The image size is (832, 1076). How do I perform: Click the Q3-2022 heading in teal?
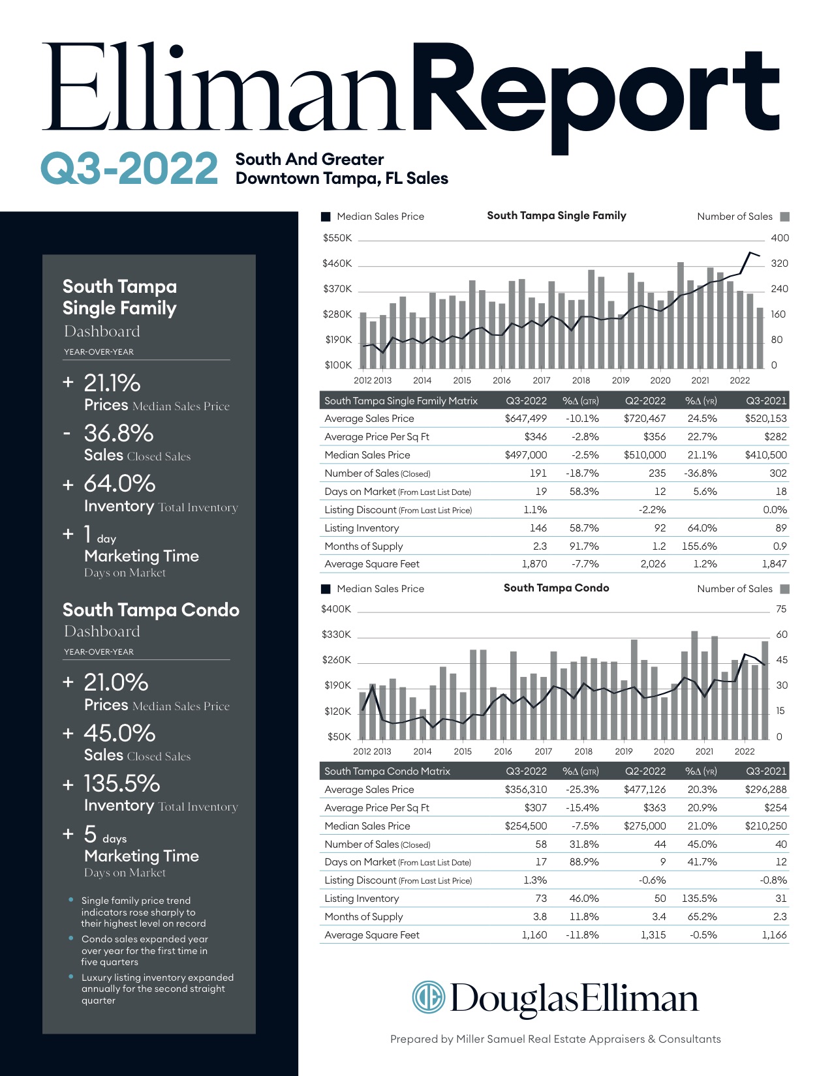coord(129,168)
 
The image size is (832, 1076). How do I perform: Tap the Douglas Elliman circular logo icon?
coord(429,997)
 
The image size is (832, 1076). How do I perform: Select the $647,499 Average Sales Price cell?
coord(526,419)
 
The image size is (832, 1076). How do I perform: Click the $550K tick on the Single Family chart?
coord(337,238)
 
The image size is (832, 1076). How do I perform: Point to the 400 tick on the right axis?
coord(780,238)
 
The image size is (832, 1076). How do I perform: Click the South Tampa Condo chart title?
coord(556,588)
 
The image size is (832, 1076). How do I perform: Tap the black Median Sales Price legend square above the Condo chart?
coord(326,589)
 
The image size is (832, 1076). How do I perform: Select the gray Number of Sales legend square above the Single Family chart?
coord(784,217)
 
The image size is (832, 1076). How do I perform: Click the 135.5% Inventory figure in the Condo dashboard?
coord(121,783)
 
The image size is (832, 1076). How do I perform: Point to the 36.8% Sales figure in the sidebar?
coord(118,433)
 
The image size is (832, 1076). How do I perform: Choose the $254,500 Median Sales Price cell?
coord(526,826)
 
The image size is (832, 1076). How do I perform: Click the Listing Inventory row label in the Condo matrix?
coord(362,898)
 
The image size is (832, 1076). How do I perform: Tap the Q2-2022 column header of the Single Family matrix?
coord(645,400)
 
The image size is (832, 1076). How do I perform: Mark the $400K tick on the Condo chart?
coord(336,609)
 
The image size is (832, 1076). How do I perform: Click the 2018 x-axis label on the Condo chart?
coord(583,751)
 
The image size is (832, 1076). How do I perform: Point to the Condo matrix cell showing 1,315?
coord(653,935)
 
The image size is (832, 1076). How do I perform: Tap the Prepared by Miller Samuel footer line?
coord(555,1039)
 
